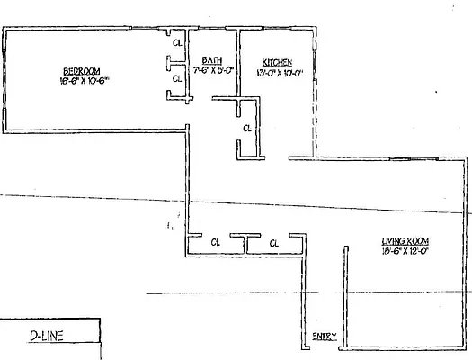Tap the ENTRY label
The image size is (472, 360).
(x=325, y=337)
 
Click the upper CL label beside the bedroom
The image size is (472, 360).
(x=177, y=42)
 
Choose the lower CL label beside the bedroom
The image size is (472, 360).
(x=177, y=78)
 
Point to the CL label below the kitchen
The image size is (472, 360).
(x=246, y=129)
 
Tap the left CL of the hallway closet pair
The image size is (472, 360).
(x=215, y=242)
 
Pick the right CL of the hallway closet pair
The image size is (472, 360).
(x=274, y=242)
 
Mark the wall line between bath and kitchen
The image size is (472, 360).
(x=237, y=63)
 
